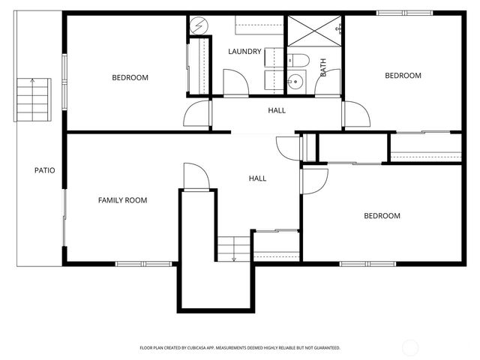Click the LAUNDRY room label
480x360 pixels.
coord(245,52)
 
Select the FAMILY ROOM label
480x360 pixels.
coord(122,200)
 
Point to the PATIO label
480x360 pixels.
coord(45,170)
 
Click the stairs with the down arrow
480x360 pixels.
coord(233,247)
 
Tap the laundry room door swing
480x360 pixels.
coord(232,82)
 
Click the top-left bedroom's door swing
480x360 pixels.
coord(198,113)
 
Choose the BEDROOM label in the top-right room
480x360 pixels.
coord(403,75)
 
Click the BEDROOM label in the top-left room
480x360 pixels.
coord(130,77)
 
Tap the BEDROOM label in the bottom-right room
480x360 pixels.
coord(382,216)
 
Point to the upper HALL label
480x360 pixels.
coord(277,110)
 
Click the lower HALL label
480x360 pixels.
coord(257,178)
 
